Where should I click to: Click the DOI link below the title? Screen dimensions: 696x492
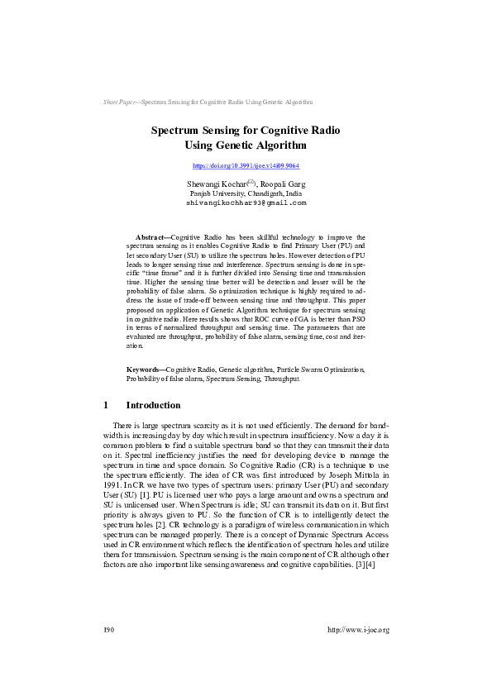(x=246, y=166)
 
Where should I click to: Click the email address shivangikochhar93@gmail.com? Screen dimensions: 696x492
(x=246, y=203)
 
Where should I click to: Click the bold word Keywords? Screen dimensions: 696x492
(x=144, y=369)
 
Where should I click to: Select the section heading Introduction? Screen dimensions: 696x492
(x=153, y=406)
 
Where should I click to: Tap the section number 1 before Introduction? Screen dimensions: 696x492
(x=106, y=406)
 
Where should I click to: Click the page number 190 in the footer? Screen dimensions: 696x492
(x=108, y=630)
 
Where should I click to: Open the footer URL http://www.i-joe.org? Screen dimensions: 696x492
(x=358, y=630)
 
